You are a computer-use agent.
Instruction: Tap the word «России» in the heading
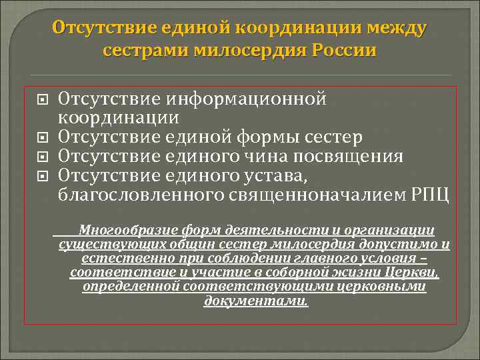click(x=343, y=51)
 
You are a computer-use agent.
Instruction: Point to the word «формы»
click(x=271, y=138)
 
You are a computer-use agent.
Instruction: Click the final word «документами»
click(x=256, y=301)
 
